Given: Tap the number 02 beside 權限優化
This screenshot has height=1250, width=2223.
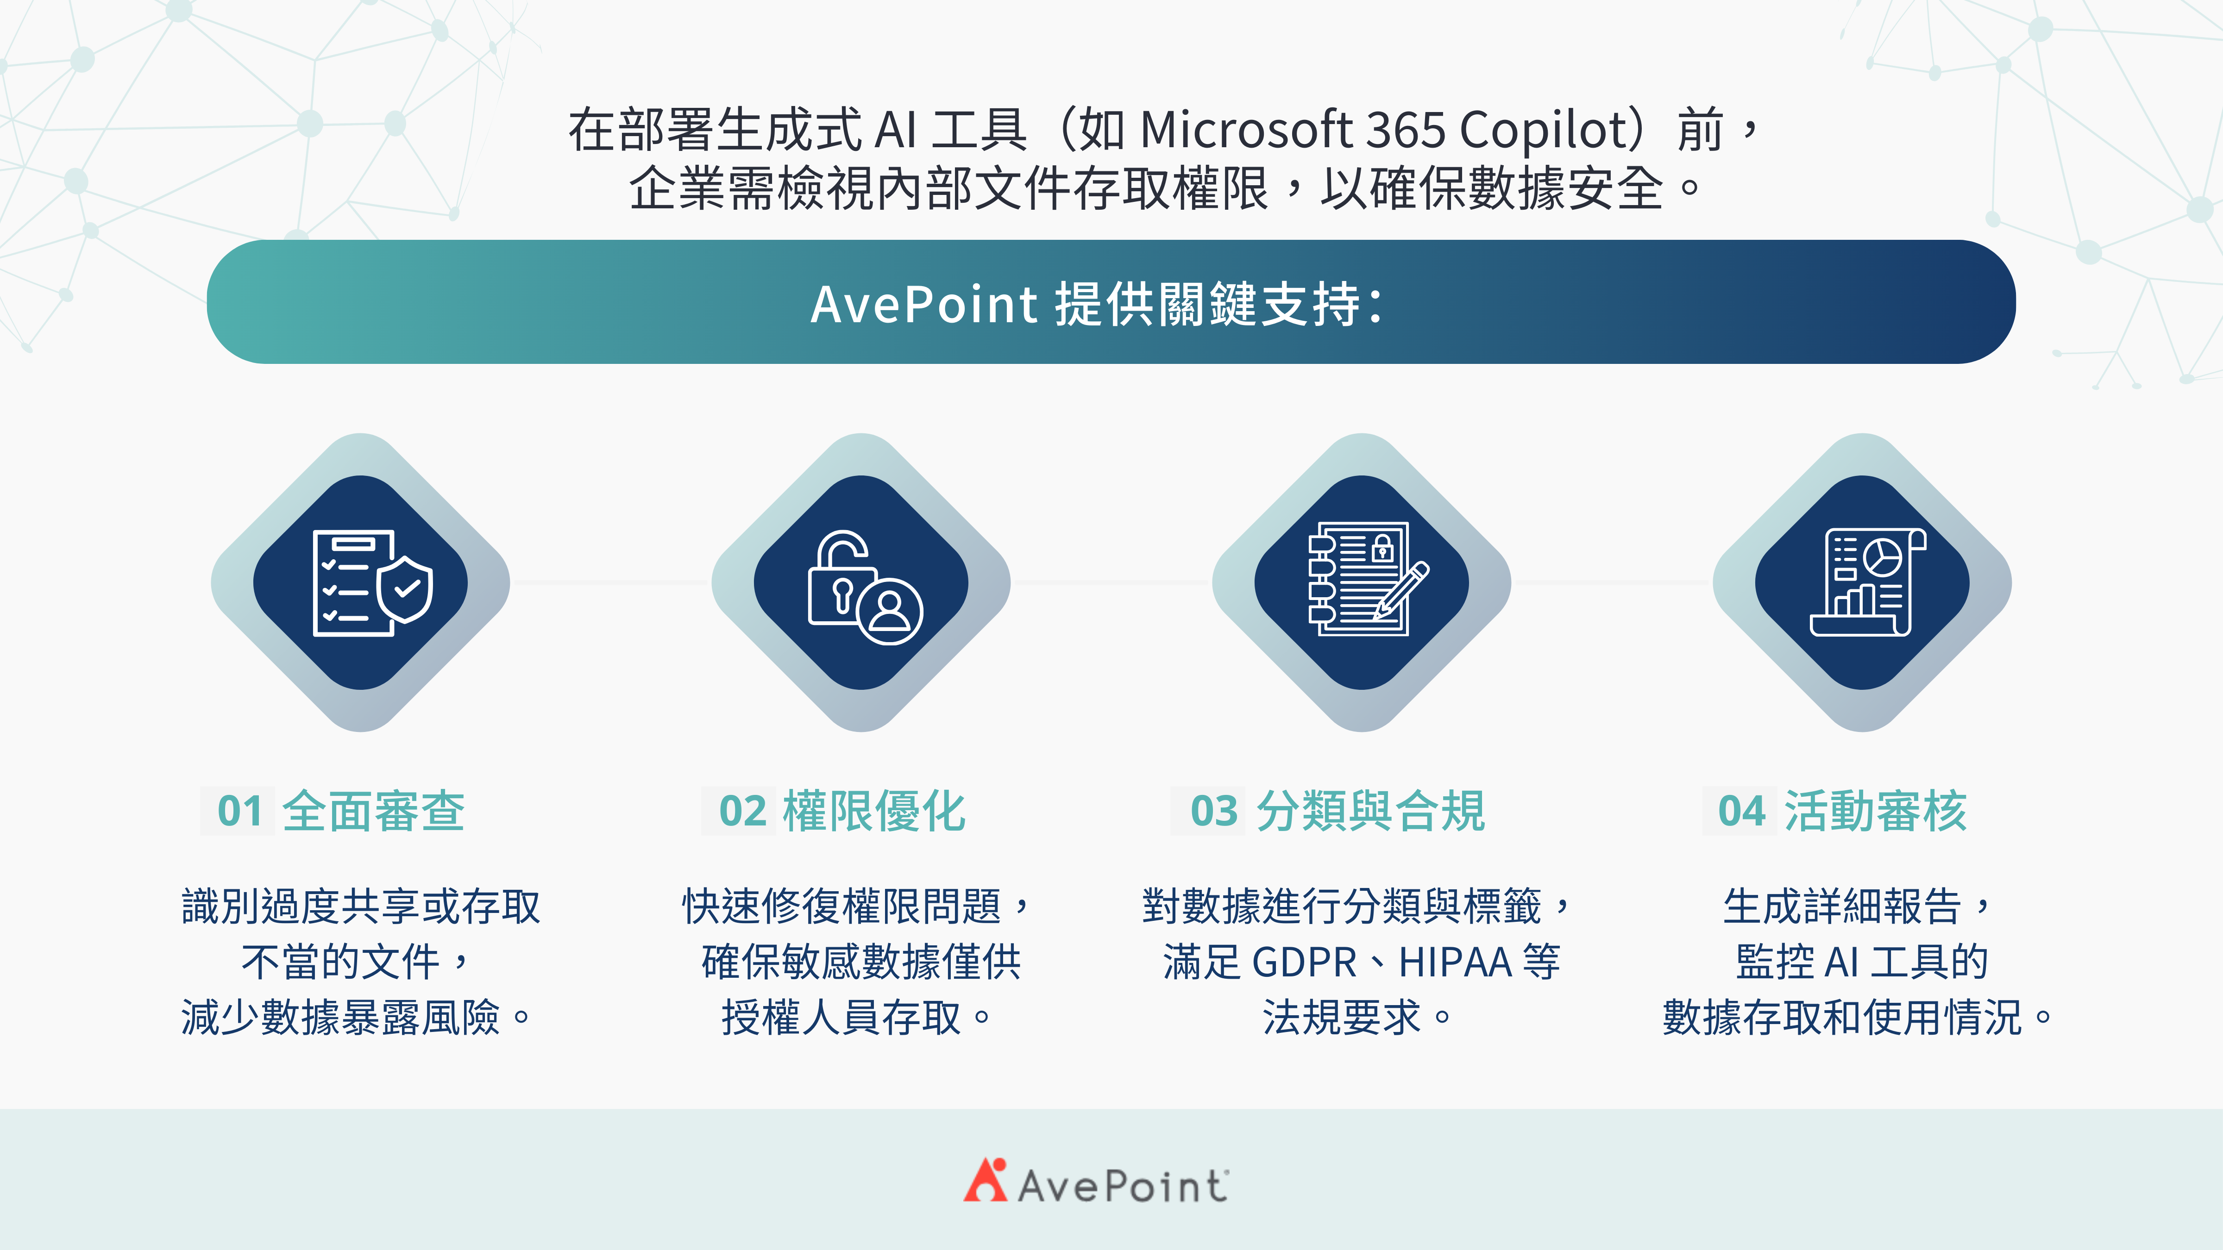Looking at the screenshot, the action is (742, 812).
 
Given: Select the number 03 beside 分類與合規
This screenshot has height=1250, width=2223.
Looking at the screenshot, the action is (1213, 812).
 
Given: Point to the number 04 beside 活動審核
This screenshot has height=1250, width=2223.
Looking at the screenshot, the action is (1741, 812).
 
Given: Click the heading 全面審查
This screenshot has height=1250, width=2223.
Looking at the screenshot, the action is (374, 812).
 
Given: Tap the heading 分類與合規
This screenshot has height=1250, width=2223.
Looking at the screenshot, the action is (1370, 812).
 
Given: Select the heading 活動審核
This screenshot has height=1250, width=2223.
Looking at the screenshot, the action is (1875, 812).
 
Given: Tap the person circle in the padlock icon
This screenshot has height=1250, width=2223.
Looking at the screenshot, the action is (890, 610).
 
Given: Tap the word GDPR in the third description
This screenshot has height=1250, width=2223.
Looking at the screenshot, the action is (1304, 962).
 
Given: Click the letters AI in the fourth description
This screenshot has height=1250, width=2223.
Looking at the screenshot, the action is (1842, 962).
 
